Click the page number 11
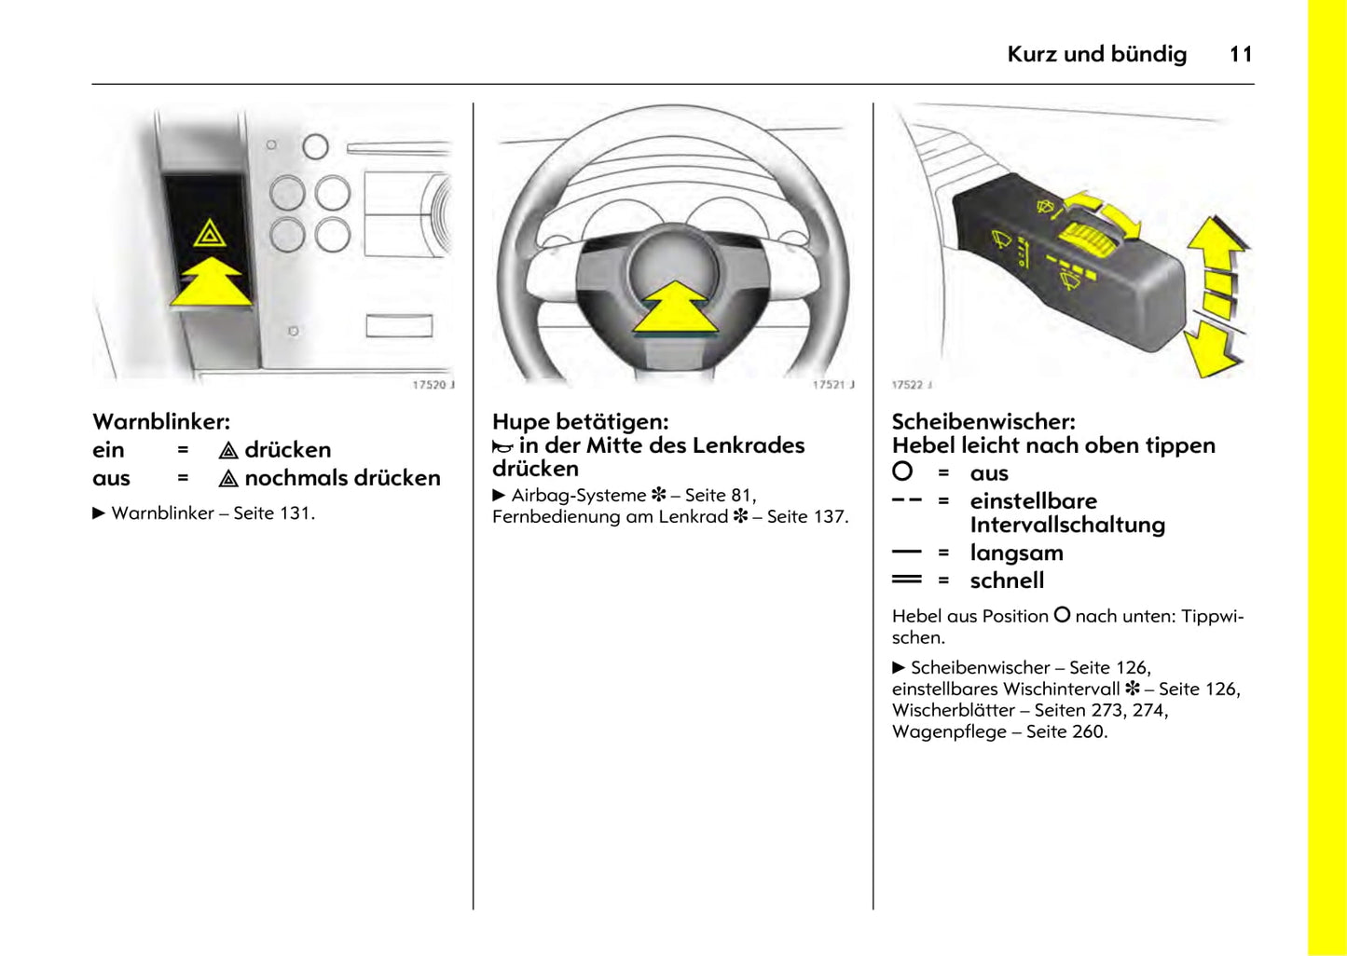pos(1240,54)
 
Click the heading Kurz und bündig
pos(1096,54)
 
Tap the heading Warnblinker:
pos(161,421)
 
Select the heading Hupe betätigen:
pos(580,421)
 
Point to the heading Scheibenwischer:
pos(983,421)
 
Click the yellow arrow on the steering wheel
pos(675,307)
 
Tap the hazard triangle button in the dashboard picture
pos(210,233)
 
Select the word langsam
pos(1016,553)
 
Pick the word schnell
pos(1007,580)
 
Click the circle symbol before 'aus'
pos(902,471)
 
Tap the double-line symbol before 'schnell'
pos(906,580)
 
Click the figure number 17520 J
pos(433,385)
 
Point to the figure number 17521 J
pos(832,385)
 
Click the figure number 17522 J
pos(911,385)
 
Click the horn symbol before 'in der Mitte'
pos(502,447)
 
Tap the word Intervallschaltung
pos(1067,525)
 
